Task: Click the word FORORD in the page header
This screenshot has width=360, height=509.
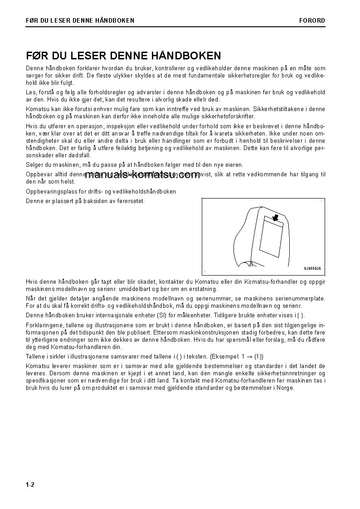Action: click(312, 20)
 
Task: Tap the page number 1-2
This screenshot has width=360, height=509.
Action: click(30, 485)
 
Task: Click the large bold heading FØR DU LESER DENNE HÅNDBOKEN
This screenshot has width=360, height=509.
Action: click(123, 56)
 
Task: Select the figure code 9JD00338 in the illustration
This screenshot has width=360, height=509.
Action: click(312, 268)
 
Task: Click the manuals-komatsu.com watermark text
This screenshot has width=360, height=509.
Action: click(142, 175)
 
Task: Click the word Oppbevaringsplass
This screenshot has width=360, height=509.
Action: click(49, 192)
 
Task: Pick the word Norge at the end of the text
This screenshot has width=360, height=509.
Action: click(286, 388)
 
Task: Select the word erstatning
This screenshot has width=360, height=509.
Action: click(204, 289)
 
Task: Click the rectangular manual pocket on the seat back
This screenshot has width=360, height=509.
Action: click(270, 238)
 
